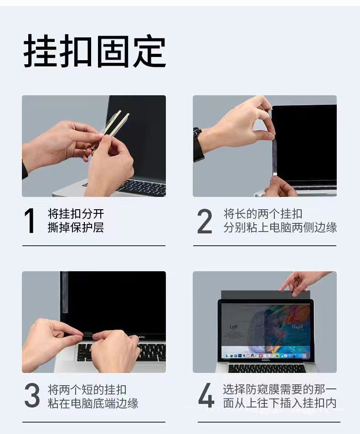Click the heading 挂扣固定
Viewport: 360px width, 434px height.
pos(95,51)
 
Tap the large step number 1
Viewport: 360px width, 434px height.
pos(30,221)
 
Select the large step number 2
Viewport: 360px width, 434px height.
pos(205,221)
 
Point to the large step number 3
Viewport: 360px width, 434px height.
pos(32,395)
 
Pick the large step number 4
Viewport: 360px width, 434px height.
pos(206,395)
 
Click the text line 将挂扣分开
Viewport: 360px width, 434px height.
pos(76,214)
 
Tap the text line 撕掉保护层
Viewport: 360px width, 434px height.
pos(76,227)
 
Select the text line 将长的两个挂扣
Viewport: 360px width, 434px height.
pos(263,214)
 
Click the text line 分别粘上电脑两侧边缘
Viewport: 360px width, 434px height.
pos(280,227)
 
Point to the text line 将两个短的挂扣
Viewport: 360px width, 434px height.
pos(87,390)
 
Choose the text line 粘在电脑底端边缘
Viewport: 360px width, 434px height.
pos(93,403)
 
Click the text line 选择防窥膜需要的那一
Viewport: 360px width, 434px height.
pos(280,389)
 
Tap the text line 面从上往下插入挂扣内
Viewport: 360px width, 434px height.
pos(280,403)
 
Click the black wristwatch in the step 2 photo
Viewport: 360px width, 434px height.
pos(198,145)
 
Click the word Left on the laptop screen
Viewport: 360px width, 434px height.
pos(233,327)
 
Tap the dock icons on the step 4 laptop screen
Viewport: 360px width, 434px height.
pos(266,356)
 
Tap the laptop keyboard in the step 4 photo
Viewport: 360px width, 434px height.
pos(267,368)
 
